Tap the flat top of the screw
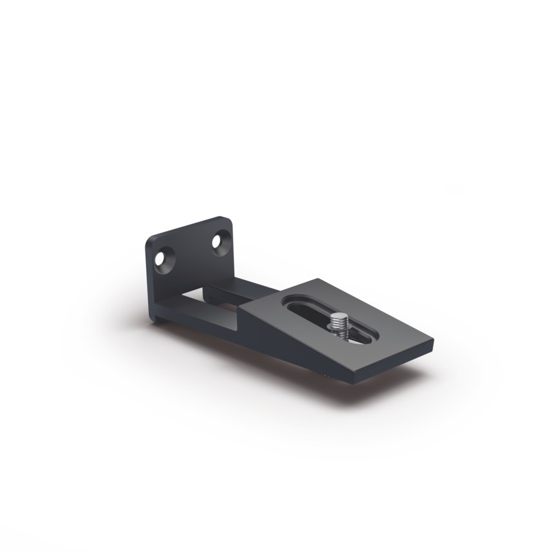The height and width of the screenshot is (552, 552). [337, 316]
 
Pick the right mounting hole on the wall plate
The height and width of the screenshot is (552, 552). [220, 242]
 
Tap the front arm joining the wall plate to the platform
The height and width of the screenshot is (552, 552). [202, 322]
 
